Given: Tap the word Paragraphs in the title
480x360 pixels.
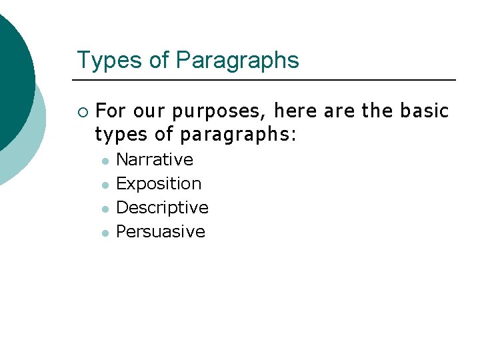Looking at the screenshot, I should (x=237, y=60).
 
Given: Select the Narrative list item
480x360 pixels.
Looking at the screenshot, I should (x=155, y=160).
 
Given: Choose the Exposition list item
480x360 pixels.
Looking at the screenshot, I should (x=159, y=184).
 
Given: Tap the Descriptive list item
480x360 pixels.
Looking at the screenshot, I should (x=162, y=208).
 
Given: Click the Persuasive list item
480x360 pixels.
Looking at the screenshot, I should (x=161, y=232).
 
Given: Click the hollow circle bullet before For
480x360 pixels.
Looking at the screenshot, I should (x=82, y=111).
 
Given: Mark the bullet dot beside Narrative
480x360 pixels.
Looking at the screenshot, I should (x=104, y=161).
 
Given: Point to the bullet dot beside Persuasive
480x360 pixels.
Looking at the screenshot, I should (x=104, y=233).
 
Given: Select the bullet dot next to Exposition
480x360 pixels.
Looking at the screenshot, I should (x=104, y=185).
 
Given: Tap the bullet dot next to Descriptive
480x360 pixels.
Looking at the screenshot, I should (x=104, y=209).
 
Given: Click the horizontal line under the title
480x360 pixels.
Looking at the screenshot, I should (x=267, y=80).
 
